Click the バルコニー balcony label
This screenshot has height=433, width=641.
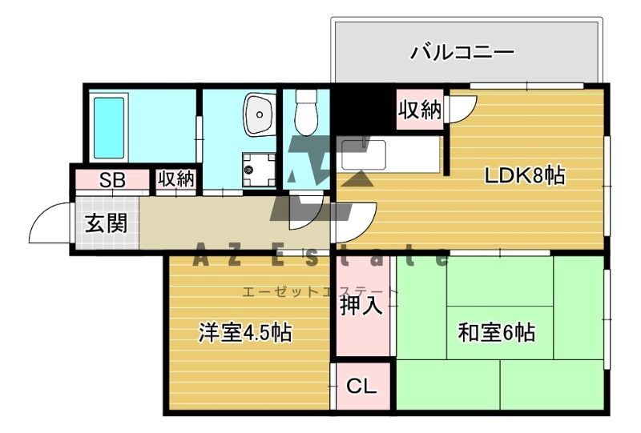462,54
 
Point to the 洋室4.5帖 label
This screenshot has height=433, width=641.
245,332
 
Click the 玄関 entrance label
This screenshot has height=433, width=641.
107,223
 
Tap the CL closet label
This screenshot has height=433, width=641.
361,387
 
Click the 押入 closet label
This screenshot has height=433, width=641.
361,305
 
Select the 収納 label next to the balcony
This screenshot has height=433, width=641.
420,110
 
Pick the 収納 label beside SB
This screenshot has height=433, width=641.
175,179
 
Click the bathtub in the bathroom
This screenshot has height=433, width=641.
109,127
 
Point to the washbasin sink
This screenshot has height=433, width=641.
259,114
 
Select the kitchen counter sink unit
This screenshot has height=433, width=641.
389,154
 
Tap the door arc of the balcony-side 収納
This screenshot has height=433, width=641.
463,110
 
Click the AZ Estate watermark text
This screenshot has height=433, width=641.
320,258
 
